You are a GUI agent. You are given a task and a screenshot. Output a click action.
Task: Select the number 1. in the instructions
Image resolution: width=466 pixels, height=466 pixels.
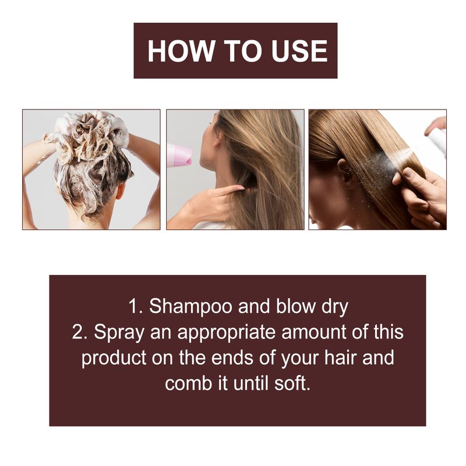135,307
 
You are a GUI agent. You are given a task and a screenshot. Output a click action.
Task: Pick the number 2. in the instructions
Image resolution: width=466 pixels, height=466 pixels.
80,333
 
